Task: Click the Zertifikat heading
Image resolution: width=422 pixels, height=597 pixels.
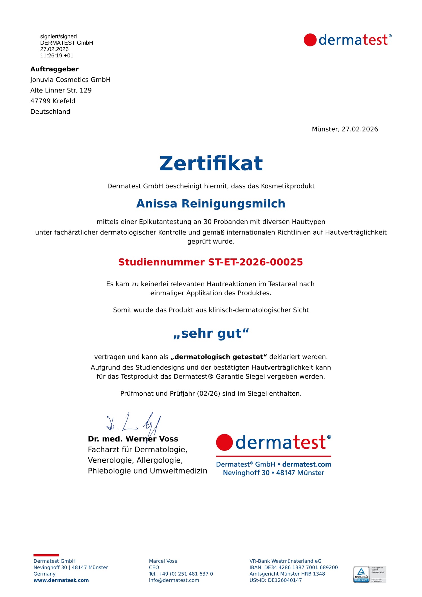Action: [x=211, y=163]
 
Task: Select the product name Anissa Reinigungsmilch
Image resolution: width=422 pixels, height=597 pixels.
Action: [x=211, y=204]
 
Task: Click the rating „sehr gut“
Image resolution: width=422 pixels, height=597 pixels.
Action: [x=211, y=334]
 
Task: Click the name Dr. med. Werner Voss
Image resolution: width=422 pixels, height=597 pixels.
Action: [x=133, y=439]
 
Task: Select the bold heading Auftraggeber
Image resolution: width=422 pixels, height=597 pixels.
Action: [x=54, y=69]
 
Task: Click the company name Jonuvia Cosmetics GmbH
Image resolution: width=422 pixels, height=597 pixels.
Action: [x=70, y=80]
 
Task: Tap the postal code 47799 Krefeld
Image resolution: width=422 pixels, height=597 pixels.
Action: [x=53, y=101]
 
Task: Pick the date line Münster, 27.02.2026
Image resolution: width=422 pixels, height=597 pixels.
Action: [x=345, y=129]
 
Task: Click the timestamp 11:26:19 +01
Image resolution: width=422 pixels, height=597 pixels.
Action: [x=57, y=56]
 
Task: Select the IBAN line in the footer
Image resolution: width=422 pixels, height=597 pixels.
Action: [x=293, y=567]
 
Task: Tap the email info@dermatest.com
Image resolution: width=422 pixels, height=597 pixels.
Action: [x=174, y=580]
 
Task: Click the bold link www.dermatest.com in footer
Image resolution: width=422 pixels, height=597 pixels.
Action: [x=61, y=580]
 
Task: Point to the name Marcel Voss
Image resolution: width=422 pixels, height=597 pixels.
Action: [x=163, y=561]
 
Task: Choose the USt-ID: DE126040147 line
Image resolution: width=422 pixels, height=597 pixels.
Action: [x=275, y=580]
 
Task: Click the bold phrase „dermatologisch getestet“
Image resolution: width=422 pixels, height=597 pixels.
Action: [x=219, y=357]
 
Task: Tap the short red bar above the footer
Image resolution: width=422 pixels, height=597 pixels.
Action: [x=46, y=555]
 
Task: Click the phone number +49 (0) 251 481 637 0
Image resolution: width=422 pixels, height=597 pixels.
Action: [x=185, y=574]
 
